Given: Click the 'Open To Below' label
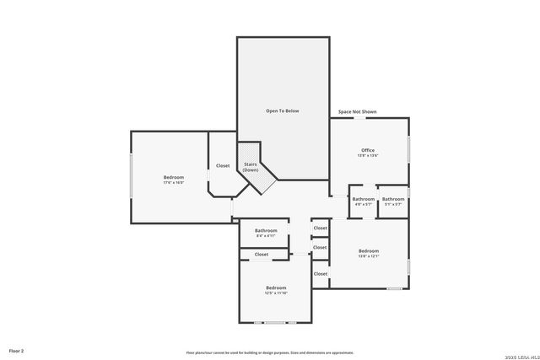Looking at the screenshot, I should pos(283,110).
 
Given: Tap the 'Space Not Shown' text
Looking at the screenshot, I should pos(357,111).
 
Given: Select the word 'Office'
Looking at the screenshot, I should pos(368,150).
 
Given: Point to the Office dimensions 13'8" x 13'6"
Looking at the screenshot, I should pos(368,156).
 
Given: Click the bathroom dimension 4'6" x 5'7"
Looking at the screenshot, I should pos(364,204).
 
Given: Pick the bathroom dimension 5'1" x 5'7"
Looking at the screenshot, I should pos(393,204).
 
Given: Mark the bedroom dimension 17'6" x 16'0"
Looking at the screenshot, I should pos(174,182).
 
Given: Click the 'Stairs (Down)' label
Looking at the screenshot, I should pos(251,167).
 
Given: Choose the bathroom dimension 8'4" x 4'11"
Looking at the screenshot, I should pos(266,236).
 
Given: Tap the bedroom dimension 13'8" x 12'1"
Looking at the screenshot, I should pos(369,256).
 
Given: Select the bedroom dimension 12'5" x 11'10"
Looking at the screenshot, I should pos(276,293).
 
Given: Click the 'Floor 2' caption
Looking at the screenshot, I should pos(17,350).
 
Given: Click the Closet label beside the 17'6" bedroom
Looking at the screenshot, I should pos(223,165).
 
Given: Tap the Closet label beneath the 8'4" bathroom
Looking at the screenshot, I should pos(262,254).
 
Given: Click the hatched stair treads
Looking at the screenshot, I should pos(268,180).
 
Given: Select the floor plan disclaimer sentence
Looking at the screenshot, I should pos(270,352).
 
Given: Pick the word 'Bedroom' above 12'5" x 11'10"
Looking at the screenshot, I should pos(276,287).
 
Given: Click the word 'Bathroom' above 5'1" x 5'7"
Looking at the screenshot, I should pos(393,199).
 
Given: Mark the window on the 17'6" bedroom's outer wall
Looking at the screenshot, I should pos(131,176).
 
